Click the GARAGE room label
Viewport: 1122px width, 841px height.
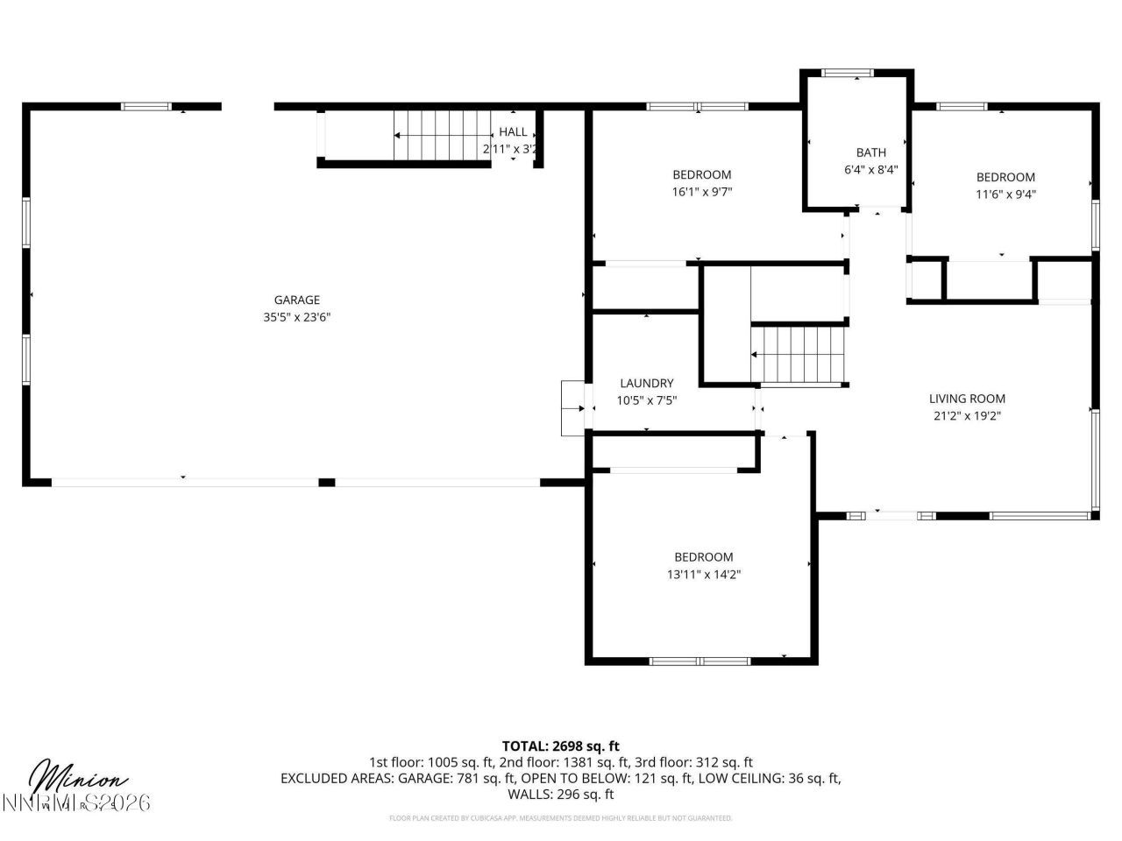(296, 300)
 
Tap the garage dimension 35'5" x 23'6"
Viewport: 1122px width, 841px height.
(296, 318)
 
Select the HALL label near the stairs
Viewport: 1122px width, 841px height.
(513, 131)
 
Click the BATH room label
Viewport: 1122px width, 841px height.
(870, 152)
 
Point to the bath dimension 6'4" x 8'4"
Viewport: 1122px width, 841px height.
(870, 170)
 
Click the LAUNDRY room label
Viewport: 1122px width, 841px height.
(646, 383)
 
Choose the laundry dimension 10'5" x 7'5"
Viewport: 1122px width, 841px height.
(646, 400)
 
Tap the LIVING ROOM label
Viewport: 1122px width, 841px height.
(967, 399)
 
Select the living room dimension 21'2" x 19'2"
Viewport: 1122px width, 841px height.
(967, 416)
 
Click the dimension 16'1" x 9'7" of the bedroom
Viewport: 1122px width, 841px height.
(701, 192)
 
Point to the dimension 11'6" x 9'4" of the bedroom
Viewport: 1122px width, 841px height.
(1005, 194)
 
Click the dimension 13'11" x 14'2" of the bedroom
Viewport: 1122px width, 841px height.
(703, 575)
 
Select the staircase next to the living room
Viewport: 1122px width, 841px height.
(800, 354)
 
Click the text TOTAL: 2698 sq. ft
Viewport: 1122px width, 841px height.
(560, 746)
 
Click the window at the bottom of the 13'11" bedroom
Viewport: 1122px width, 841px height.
(699, 661)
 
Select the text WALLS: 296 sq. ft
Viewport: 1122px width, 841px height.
(560, 795)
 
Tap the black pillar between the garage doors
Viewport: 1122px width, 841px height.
(326, 482)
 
